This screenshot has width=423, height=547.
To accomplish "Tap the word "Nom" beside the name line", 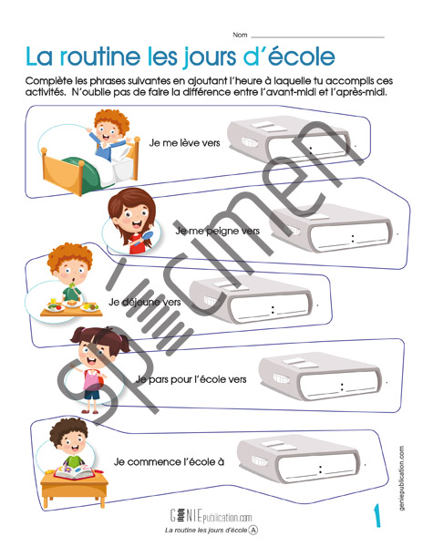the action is [240, 35].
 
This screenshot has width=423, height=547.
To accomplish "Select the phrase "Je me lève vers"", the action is [184, 143].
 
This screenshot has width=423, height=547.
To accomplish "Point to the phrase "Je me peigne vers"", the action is [218, 231].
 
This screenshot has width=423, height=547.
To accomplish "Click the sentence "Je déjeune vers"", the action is [144, 302].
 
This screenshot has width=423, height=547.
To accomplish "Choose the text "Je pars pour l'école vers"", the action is [191, 379].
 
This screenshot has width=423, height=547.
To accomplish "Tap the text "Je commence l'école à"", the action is [169, 462].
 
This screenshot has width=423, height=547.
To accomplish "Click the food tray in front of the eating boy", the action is [71, 308].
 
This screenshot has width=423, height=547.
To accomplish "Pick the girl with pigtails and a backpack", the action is [95, 369].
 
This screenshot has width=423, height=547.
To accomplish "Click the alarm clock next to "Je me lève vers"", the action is [289, 140].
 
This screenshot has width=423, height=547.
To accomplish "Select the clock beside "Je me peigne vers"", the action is [332, 228].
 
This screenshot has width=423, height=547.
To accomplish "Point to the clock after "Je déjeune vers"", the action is [251, 300].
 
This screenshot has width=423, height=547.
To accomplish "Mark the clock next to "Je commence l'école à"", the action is [298, 459].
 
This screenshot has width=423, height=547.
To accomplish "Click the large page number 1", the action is [377, 515].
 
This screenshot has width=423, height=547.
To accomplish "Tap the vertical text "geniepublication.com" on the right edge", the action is [402, 478].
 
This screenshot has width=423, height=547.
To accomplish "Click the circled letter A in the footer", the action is [253, 531].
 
